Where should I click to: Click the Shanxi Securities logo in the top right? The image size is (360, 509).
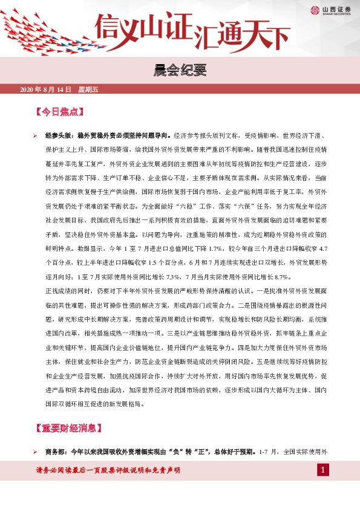pos(332,10)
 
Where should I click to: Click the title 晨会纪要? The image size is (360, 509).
pos(180,72)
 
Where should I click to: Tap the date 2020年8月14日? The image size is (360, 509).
pos(45,90)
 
